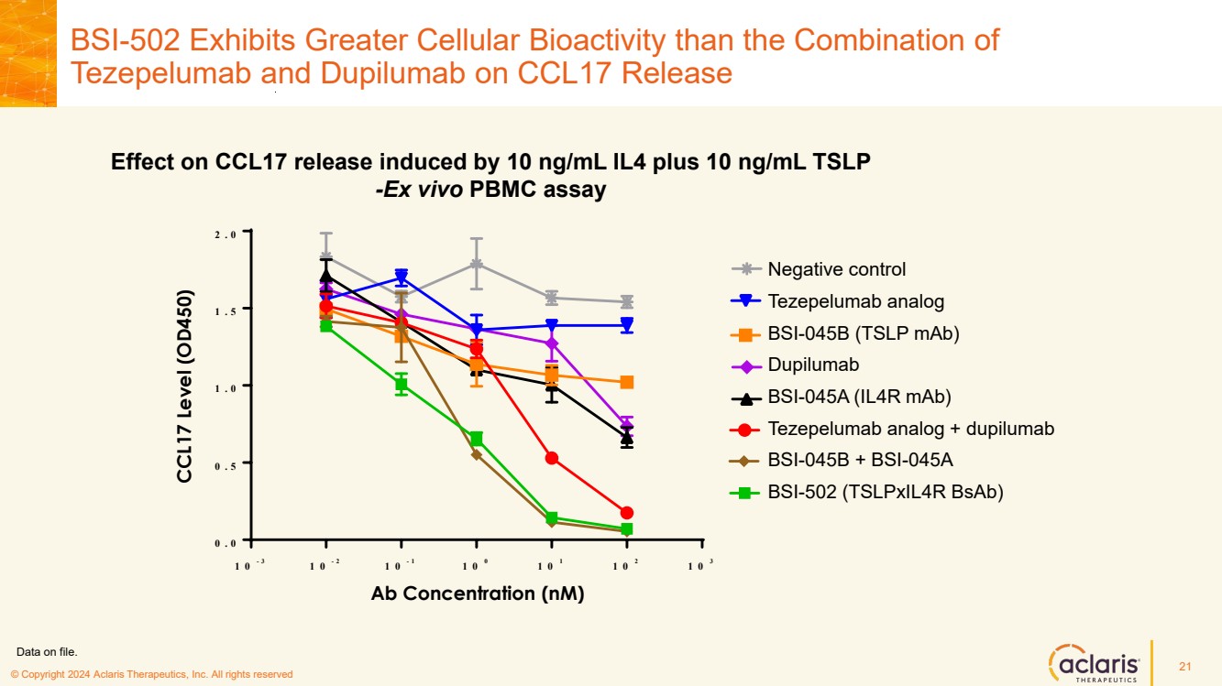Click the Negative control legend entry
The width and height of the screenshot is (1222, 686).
836,269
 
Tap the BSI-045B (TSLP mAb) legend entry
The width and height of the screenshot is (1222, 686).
863,333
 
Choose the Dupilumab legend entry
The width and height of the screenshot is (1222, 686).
813,365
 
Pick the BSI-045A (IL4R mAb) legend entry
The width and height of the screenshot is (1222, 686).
859,397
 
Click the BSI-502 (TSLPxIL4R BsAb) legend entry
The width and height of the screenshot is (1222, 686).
885,492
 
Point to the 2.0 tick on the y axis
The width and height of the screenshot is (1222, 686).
226,234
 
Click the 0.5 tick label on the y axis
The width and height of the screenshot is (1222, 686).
226,464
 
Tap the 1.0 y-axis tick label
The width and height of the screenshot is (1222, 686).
226,387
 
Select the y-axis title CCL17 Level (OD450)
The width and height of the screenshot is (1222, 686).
185,387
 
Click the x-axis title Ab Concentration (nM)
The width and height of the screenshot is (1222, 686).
478,593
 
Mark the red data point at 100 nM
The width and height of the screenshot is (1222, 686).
626,513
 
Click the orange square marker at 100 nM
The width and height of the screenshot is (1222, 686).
626,382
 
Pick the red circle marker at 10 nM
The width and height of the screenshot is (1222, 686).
552,458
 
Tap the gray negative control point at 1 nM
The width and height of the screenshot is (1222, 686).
477,264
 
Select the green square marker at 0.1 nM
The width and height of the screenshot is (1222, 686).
402,386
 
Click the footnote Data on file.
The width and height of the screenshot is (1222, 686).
48,652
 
